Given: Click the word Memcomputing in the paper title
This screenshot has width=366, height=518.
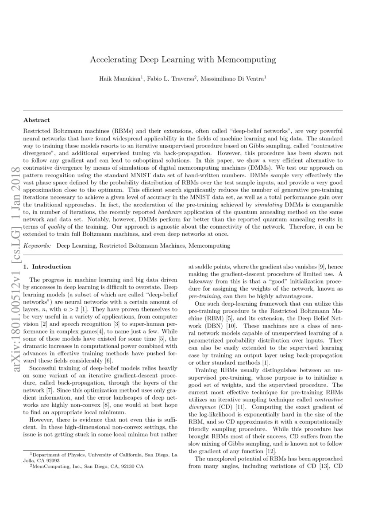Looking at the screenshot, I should [250, 59].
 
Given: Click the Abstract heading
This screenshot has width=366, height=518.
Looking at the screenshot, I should [36, 120].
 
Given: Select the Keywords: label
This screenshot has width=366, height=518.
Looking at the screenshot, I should [37, 245].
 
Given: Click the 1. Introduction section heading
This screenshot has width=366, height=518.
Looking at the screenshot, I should [47, 267].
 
